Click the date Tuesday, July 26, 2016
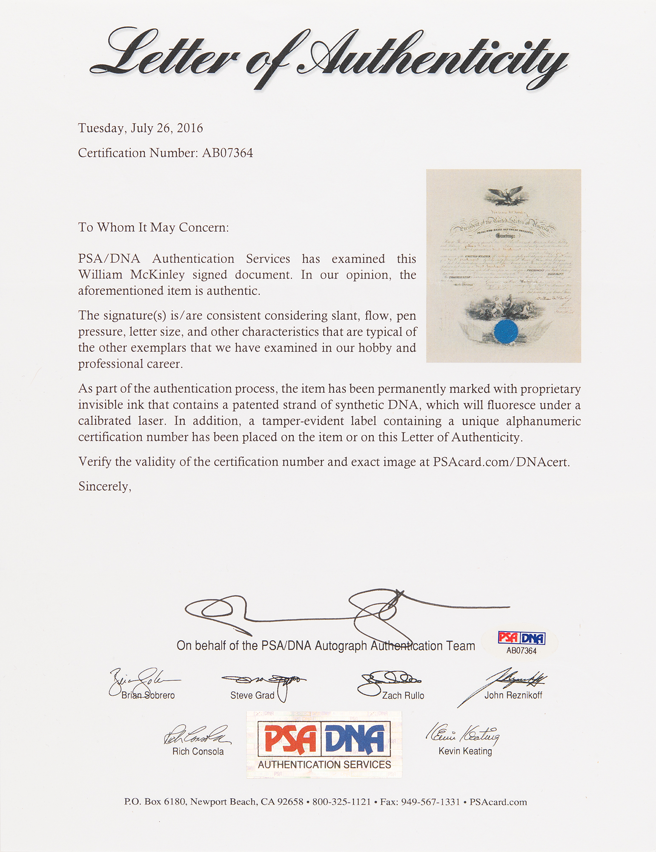[x=140, y=128]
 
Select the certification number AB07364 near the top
[x=227, y=153]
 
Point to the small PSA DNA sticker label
[x=521, y=642]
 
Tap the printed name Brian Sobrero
[x=148, y=695]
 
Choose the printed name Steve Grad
[x=252, y=695]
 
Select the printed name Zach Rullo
[x=403, y=696]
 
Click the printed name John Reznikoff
[x=513, y=695]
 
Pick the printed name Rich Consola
[x=198, y=751]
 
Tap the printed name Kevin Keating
[x=465, y=751]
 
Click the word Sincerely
[x=105, y=486]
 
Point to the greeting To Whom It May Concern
[x=153, y=227]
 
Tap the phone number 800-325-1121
[x=341, y=802]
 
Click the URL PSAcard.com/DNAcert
[x=501, y=462]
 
